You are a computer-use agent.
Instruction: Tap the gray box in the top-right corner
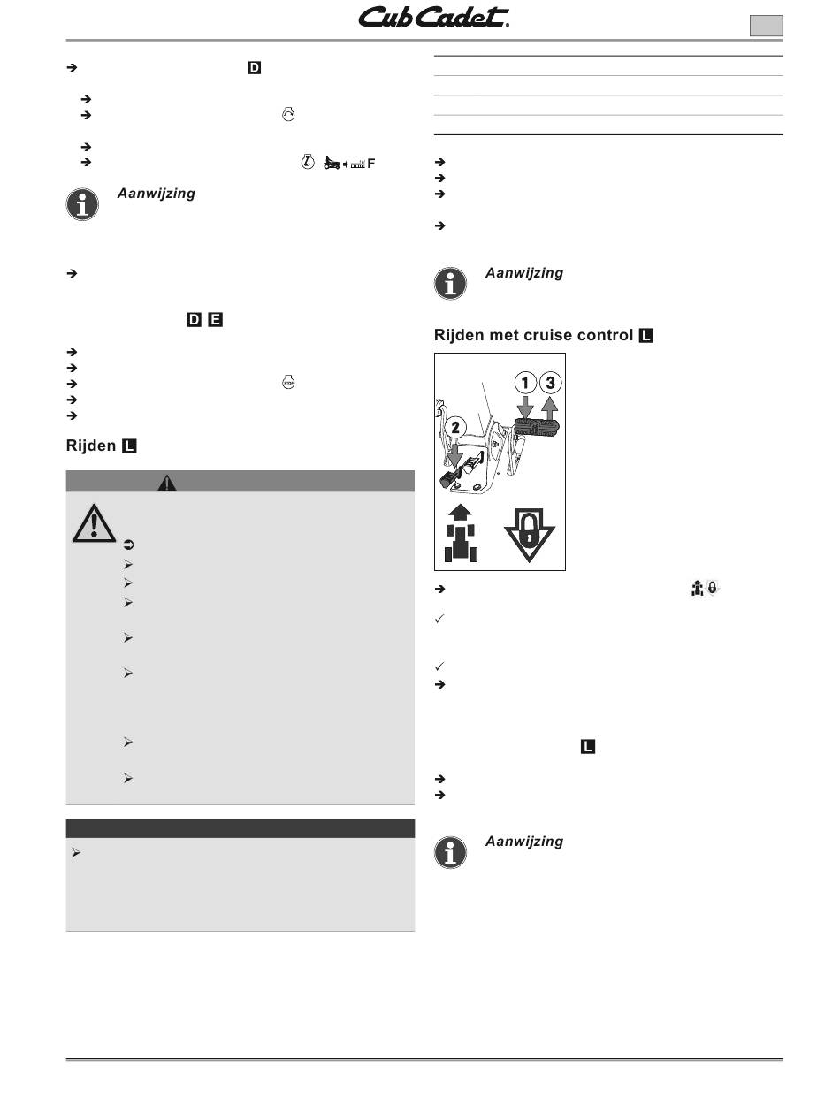766,26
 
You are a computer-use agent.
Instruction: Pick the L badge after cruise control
645,336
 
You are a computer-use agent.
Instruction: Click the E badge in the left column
215,320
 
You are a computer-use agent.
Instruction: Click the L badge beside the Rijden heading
129,446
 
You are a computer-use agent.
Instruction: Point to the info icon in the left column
82,204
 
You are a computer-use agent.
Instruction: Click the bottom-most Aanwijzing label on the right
524,842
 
